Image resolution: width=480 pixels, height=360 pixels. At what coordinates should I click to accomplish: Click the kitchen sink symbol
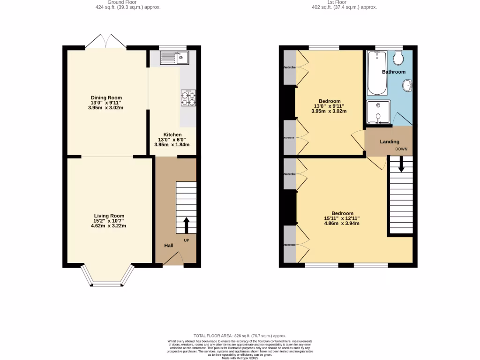[173, 58]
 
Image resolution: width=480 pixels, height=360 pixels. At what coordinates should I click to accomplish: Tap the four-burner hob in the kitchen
[188, 99]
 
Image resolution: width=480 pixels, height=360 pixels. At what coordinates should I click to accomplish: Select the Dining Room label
[106, 97]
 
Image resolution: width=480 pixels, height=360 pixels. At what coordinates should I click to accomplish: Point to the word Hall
[169, 246]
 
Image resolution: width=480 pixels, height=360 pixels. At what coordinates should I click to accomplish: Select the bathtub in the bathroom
[377, 73]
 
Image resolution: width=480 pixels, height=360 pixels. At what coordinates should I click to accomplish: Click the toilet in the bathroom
[399, 58]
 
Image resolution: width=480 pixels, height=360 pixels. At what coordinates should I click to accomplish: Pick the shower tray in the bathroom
[378, 112]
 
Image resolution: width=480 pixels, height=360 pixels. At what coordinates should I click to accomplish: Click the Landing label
[390, 142]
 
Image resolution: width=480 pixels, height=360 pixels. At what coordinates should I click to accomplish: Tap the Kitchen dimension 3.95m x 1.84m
[172, 145]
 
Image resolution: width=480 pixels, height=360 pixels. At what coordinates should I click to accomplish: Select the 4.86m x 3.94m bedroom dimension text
[342, 224]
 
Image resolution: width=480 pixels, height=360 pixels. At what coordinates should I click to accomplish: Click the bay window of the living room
[107, 278]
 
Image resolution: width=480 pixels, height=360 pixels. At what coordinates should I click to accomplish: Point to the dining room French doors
[106, 42]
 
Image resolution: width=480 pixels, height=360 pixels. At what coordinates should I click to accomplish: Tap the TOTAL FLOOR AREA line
[240, 336]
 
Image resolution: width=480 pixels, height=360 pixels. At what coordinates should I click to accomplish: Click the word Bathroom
[393, 72]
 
